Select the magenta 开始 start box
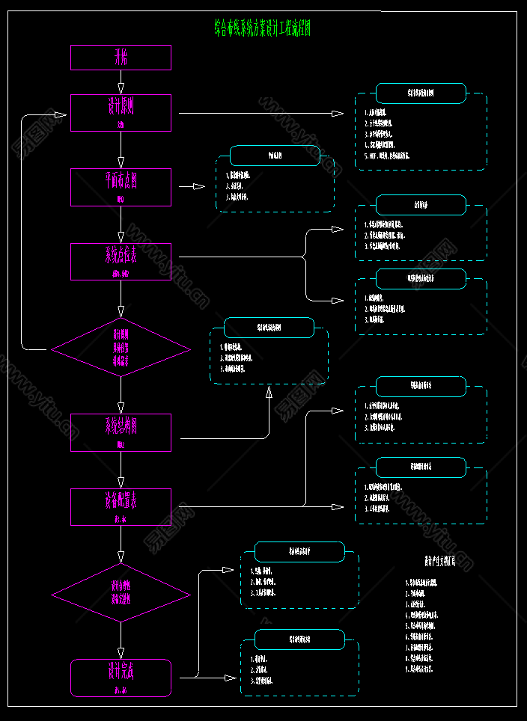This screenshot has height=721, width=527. [x=121, y=58]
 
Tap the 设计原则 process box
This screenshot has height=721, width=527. [x=121, y=112]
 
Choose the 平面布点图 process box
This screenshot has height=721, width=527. [x=121, y=187]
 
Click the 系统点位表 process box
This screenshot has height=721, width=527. [x=121, y=261]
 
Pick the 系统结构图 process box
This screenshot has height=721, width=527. [x=121, y=432]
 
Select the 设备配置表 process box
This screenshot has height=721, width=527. [x=121, y=507]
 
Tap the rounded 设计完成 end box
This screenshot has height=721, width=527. [x=121, y=677]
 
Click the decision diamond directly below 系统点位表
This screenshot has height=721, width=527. [x=121, y=348]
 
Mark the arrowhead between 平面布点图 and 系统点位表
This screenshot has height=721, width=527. [x=121, y=237]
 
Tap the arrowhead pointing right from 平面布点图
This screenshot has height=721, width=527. [x=199, y=187]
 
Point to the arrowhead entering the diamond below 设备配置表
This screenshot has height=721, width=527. [x=121, y=558]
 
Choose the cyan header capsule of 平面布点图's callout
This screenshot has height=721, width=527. [x=275, y=156]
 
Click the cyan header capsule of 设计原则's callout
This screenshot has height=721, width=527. [x=421, y=93]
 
